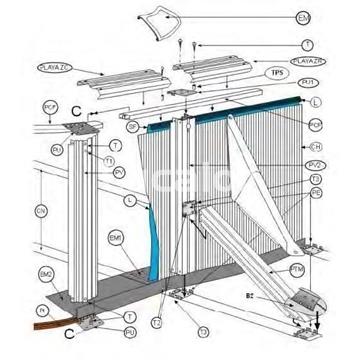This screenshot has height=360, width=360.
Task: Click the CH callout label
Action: (343, 148)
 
